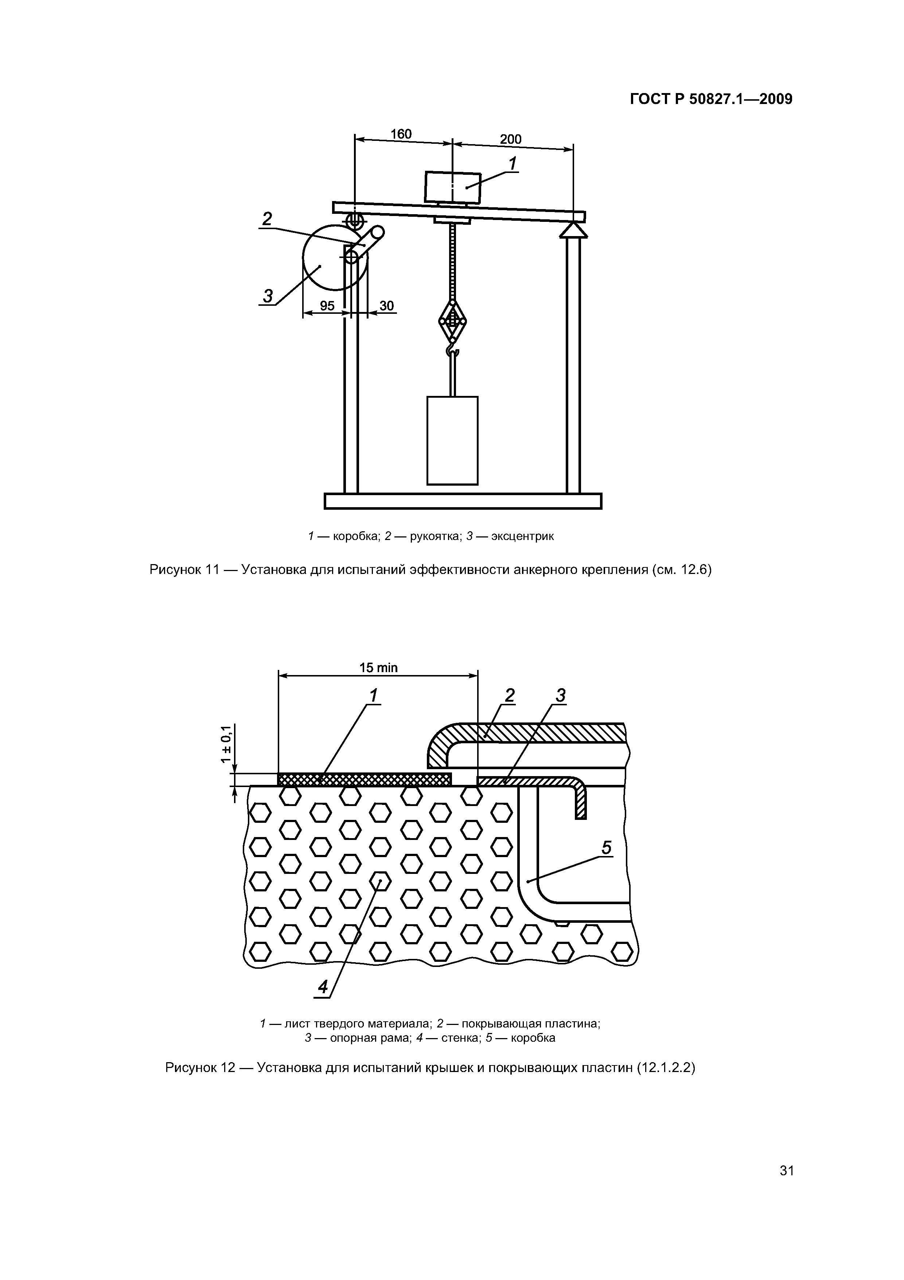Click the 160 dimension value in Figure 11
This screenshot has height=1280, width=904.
point(401,134)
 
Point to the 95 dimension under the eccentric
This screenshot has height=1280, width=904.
point(327,305)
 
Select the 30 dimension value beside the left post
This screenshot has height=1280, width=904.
point(386,305)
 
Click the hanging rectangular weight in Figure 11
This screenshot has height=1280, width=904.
point(452,440)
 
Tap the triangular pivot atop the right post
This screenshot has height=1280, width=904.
point(573,230)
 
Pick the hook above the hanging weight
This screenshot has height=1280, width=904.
point(452,351)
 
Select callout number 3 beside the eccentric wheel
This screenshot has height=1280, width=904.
point(268,296)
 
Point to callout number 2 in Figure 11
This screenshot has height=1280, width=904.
point(267,219)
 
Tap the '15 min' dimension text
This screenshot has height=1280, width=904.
point(378,667)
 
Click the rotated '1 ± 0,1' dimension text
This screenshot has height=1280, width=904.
point(226,744)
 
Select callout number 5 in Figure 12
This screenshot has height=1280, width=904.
point(607,848)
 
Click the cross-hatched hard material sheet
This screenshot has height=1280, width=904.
point(364,779)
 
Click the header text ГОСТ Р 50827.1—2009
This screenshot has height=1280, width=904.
point(711,99)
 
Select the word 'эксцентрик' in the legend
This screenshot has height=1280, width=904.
point(522,537)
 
